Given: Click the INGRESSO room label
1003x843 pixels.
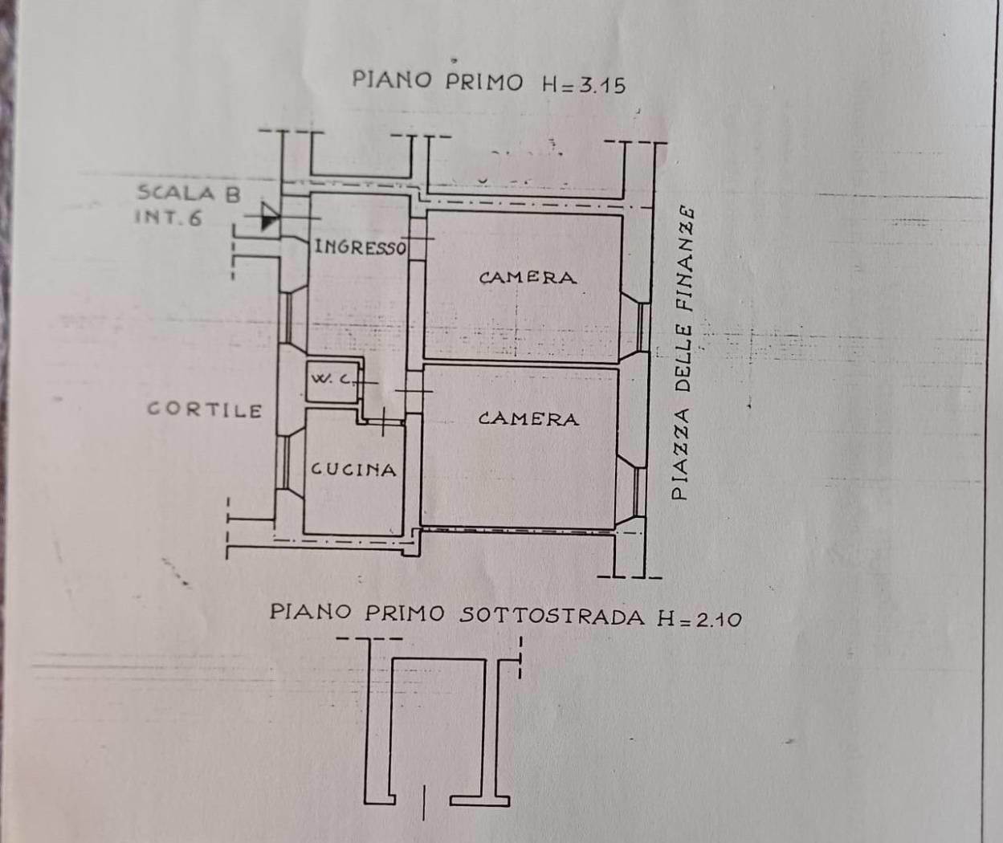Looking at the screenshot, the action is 361,247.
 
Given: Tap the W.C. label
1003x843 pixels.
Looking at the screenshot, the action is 332,379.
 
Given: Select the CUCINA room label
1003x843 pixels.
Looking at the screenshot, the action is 354,470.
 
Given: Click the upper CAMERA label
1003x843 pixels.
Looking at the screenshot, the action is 528,278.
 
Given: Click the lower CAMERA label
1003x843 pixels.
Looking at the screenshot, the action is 528,419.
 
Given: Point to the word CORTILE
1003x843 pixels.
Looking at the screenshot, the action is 205,409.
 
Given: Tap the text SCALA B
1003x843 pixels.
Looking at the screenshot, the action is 189,193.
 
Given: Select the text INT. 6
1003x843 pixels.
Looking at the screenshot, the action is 168,218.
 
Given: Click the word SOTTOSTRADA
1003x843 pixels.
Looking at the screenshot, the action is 552,615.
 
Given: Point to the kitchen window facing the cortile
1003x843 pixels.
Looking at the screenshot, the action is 285,462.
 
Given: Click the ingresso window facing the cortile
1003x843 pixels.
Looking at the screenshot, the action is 287,317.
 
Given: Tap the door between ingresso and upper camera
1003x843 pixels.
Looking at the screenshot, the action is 418,238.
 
